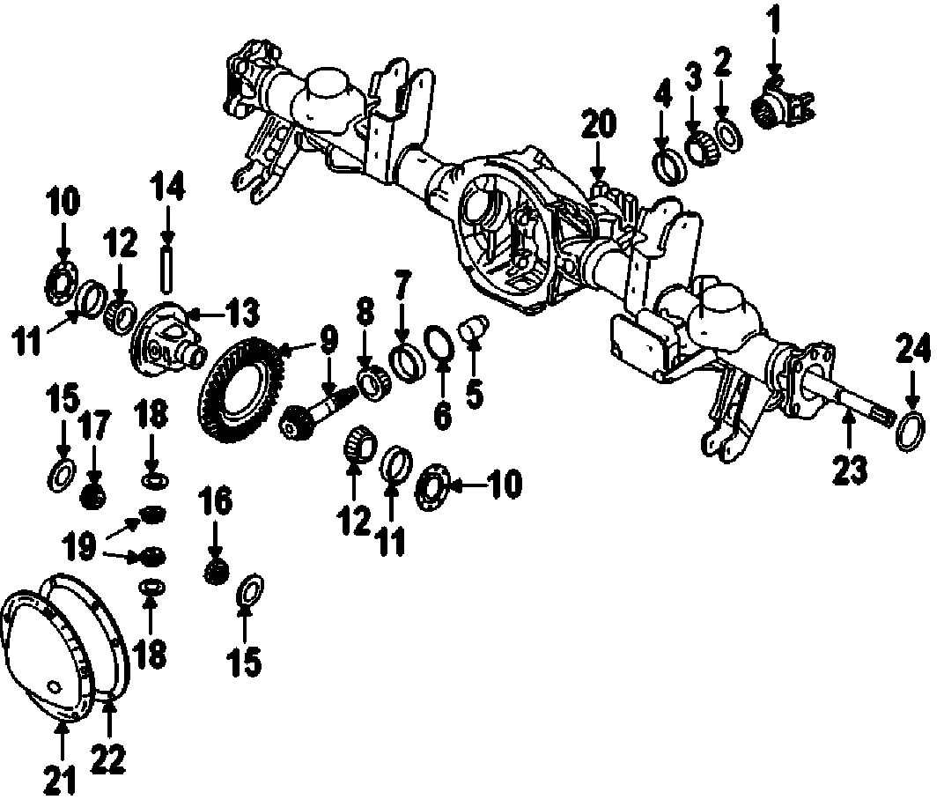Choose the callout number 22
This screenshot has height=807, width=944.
tap(111, 756)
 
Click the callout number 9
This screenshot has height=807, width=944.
tap(328, 337)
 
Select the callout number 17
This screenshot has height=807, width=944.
tap(94, 431)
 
